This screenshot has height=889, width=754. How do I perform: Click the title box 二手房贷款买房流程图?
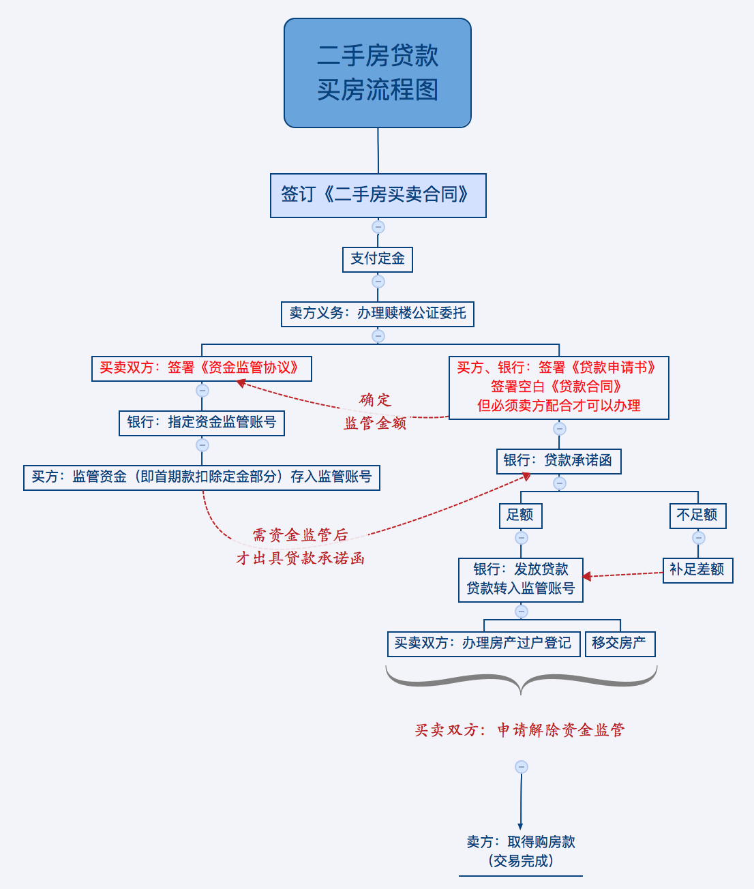tap(378, 73)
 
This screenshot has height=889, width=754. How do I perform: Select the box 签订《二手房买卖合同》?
tap(378, 196)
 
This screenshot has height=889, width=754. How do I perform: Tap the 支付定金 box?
tap(378, 259)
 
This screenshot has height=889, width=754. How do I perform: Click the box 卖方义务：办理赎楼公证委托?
tap(378, 314)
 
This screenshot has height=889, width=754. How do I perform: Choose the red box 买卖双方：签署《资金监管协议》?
tap(201, 368)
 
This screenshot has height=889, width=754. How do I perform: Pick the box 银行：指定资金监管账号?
tap(201, 423)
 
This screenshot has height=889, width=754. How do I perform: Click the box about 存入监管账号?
tap(201, 477)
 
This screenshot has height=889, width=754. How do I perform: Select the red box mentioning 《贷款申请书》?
tap(558, 387)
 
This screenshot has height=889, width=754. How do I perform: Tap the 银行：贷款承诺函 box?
tap(558, 461)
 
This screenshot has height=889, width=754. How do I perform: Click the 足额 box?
tap(520, 515)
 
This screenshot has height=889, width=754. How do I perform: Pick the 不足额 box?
tap(697, 515)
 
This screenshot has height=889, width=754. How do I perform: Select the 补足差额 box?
tap(697, 570)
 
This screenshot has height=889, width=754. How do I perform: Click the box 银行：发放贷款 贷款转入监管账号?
tap(520, 579)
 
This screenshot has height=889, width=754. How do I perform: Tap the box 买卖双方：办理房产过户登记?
tap(484, 644)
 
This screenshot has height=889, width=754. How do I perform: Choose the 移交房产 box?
tap(620, 644)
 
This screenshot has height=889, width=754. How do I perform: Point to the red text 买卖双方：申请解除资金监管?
tap(520, 730)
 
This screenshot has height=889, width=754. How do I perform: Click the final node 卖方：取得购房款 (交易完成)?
tap(520, 852)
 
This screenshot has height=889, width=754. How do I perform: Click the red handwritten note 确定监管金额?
tap(376, 412)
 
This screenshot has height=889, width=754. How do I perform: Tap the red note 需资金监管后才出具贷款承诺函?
tap(301, 547)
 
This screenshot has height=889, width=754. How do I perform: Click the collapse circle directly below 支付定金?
tap(378, 282)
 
